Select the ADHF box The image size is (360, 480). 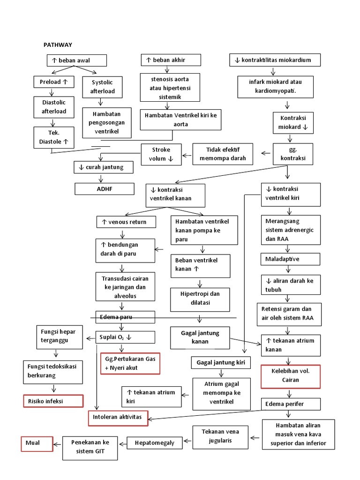click(105, 189)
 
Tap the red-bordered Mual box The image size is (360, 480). click(37, 443)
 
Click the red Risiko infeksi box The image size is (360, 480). click(53, 401)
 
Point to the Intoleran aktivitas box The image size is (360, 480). click(118, 417)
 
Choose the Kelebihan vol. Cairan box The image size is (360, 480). click(291, 376)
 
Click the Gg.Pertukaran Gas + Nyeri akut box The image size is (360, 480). click(130, 363)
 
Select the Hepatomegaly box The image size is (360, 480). click(154, 442)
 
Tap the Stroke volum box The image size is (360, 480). click(162, 154)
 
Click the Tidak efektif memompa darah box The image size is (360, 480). click(223, 154)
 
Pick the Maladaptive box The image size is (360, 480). click(291, 259)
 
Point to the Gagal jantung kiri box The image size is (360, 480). click(221, 362)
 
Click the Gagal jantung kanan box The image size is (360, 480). click(201, 337)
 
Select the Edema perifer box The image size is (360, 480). click(291, 404)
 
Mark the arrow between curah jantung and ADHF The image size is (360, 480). click(100, 178)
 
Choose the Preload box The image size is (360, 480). click(54, 82)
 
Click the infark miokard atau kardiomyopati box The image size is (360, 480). click(275, 85)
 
